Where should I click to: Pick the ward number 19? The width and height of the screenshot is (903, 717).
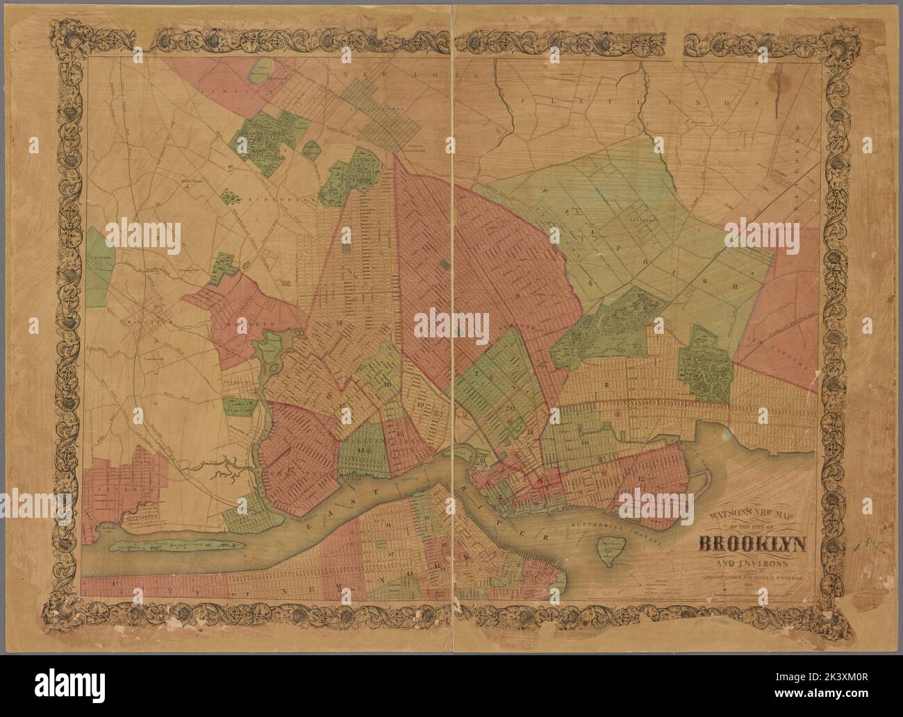tap(423, 403)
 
